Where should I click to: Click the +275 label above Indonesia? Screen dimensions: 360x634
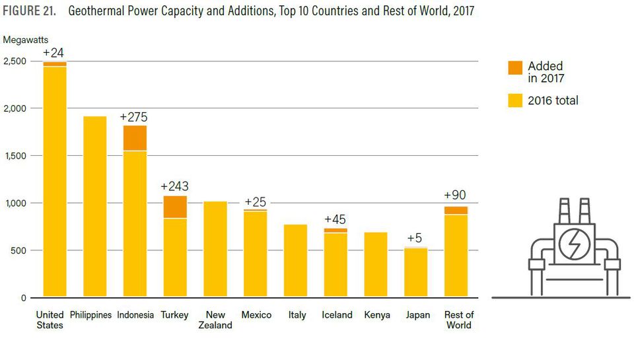tap(133, 118)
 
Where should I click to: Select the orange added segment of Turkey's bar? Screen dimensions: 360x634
tap(175, 207)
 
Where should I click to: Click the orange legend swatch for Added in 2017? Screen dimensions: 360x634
tap(514, 67)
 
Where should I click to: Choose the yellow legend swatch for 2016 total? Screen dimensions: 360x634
tap(514, 100)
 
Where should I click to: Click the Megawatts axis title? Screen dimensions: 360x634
tap(26, 40)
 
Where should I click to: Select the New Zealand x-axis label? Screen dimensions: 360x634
tap(215, 320)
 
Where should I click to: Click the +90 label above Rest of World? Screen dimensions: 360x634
tap(456, 196)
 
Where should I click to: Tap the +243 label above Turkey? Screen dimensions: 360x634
tap(174, 187)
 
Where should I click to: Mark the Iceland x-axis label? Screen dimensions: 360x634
tap(337, 315)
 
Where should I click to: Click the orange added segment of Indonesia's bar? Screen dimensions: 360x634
tap(135, 138)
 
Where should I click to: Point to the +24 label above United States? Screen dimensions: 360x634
tap(53, 53)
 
